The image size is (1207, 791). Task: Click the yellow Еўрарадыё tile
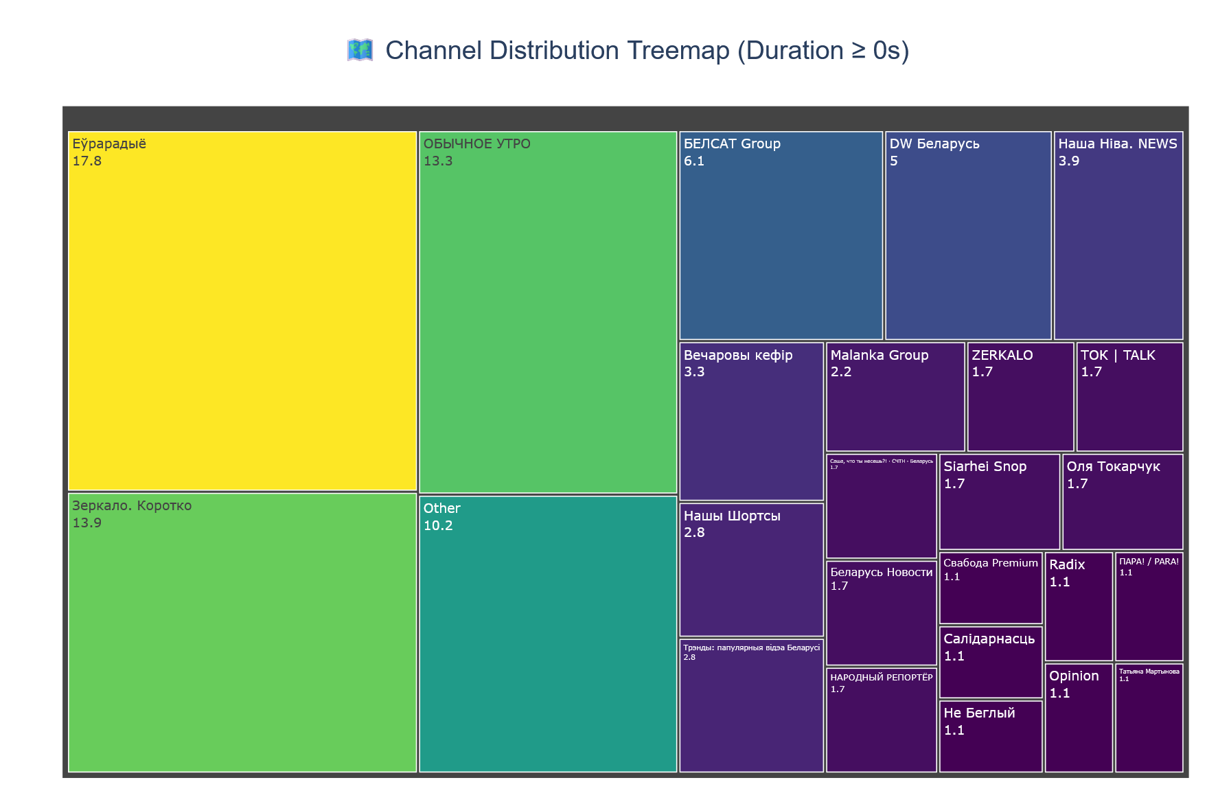[x=242, y=310]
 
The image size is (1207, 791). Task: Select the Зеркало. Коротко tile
[x=242, y=632]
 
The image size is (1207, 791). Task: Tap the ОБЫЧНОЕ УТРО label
[x=477, y=144]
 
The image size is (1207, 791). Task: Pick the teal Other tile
[x=548, y=633]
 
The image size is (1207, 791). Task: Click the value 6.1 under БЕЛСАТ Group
[x=694, y=161]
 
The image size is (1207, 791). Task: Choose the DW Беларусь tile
[x=968, y=235]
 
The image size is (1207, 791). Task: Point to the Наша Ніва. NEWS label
[x=1118, y=144]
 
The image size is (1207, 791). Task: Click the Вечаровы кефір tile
[x=751, y=420]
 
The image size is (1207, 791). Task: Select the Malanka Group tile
[x=895, y=396]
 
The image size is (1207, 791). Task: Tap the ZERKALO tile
[x=1020, y=396]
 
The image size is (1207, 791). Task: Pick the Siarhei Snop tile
[x=999, y=501]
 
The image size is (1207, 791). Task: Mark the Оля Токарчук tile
[x=1123, y=501]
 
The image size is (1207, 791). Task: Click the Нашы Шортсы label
[x=732, y=516]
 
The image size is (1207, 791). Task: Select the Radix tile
[x=1079, y=606]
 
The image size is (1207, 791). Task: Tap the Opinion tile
[x=1079, y=718]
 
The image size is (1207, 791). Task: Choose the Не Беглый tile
[x=991, y=735]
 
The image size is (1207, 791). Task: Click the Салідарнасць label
[x=989, y=639]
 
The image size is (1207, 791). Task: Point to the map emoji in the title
[x=360, y=51]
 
